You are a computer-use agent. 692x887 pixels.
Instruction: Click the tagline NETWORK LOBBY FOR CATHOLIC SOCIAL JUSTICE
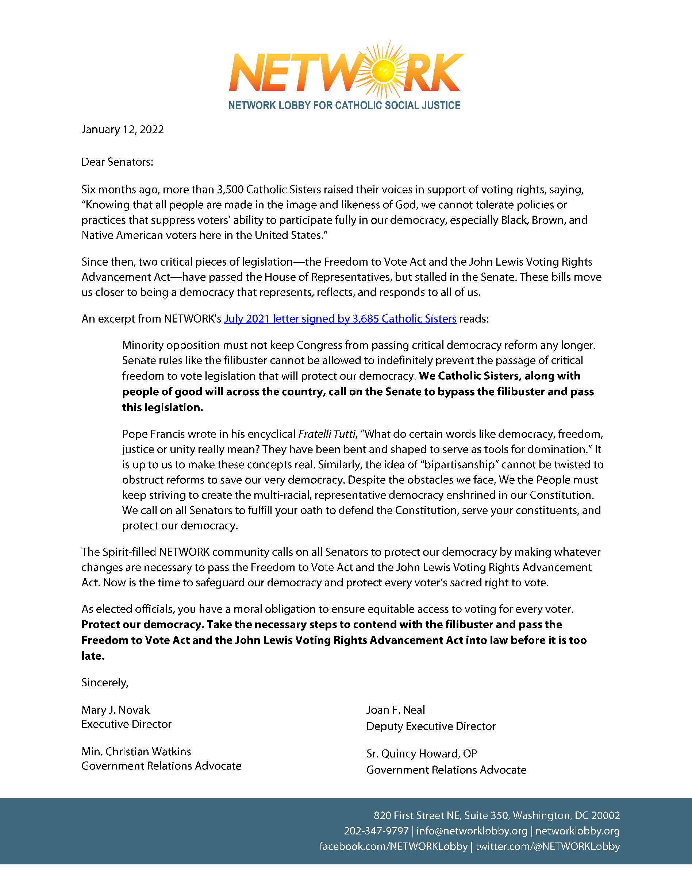coord(344,105)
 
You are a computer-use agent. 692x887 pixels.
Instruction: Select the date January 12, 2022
coord(122,130)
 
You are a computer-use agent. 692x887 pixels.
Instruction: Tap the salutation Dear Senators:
coord(117,162)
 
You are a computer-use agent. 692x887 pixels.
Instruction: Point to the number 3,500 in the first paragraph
coord(230,190)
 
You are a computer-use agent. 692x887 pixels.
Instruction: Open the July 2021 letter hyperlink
coord(340,319)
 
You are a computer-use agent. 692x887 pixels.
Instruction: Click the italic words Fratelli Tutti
coord(327,434)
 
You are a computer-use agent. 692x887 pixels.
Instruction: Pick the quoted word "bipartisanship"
coord(461,464)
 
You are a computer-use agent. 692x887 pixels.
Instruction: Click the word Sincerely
coord(104,683)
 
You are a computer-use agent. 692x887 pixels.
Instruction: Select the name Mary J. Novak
coord(115,710)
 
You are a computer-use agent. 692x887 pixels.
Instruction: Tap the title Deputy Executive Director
coord(431,726)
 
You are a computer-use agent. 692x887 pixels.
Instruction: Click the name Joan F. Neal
coord(395,710)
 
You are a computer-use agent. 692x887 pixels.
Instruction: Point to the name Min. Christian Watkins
coord(136,751)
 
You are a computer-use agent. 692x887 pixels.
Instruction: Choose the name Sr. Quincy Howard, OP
coord(422,753)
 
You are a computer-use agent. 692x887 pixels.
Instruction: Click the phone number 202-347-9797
coord(376,831)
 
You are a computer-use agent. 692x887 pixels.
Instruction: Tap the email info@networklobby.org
coord(471,831)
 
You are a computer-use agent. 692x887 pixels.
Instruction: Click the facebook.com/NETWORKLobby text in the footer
coord(393,846)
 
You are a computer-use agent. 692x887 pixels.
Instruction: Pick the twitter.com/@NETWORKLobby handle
coord(547,846)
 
